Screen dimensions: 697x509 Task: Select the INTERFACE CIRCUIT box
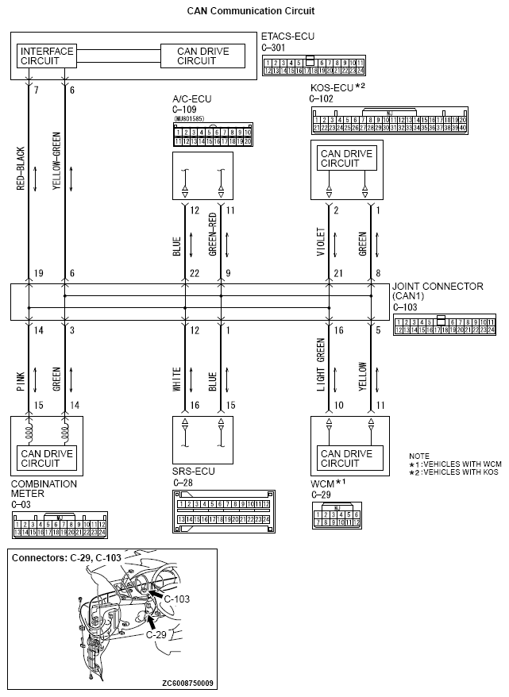click(x=46, y=56)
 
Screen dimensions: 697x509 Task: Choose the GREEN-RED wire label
click(x=212, y=235)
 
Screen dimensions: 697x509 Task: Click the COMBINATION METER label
click(x=44, y=488)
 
